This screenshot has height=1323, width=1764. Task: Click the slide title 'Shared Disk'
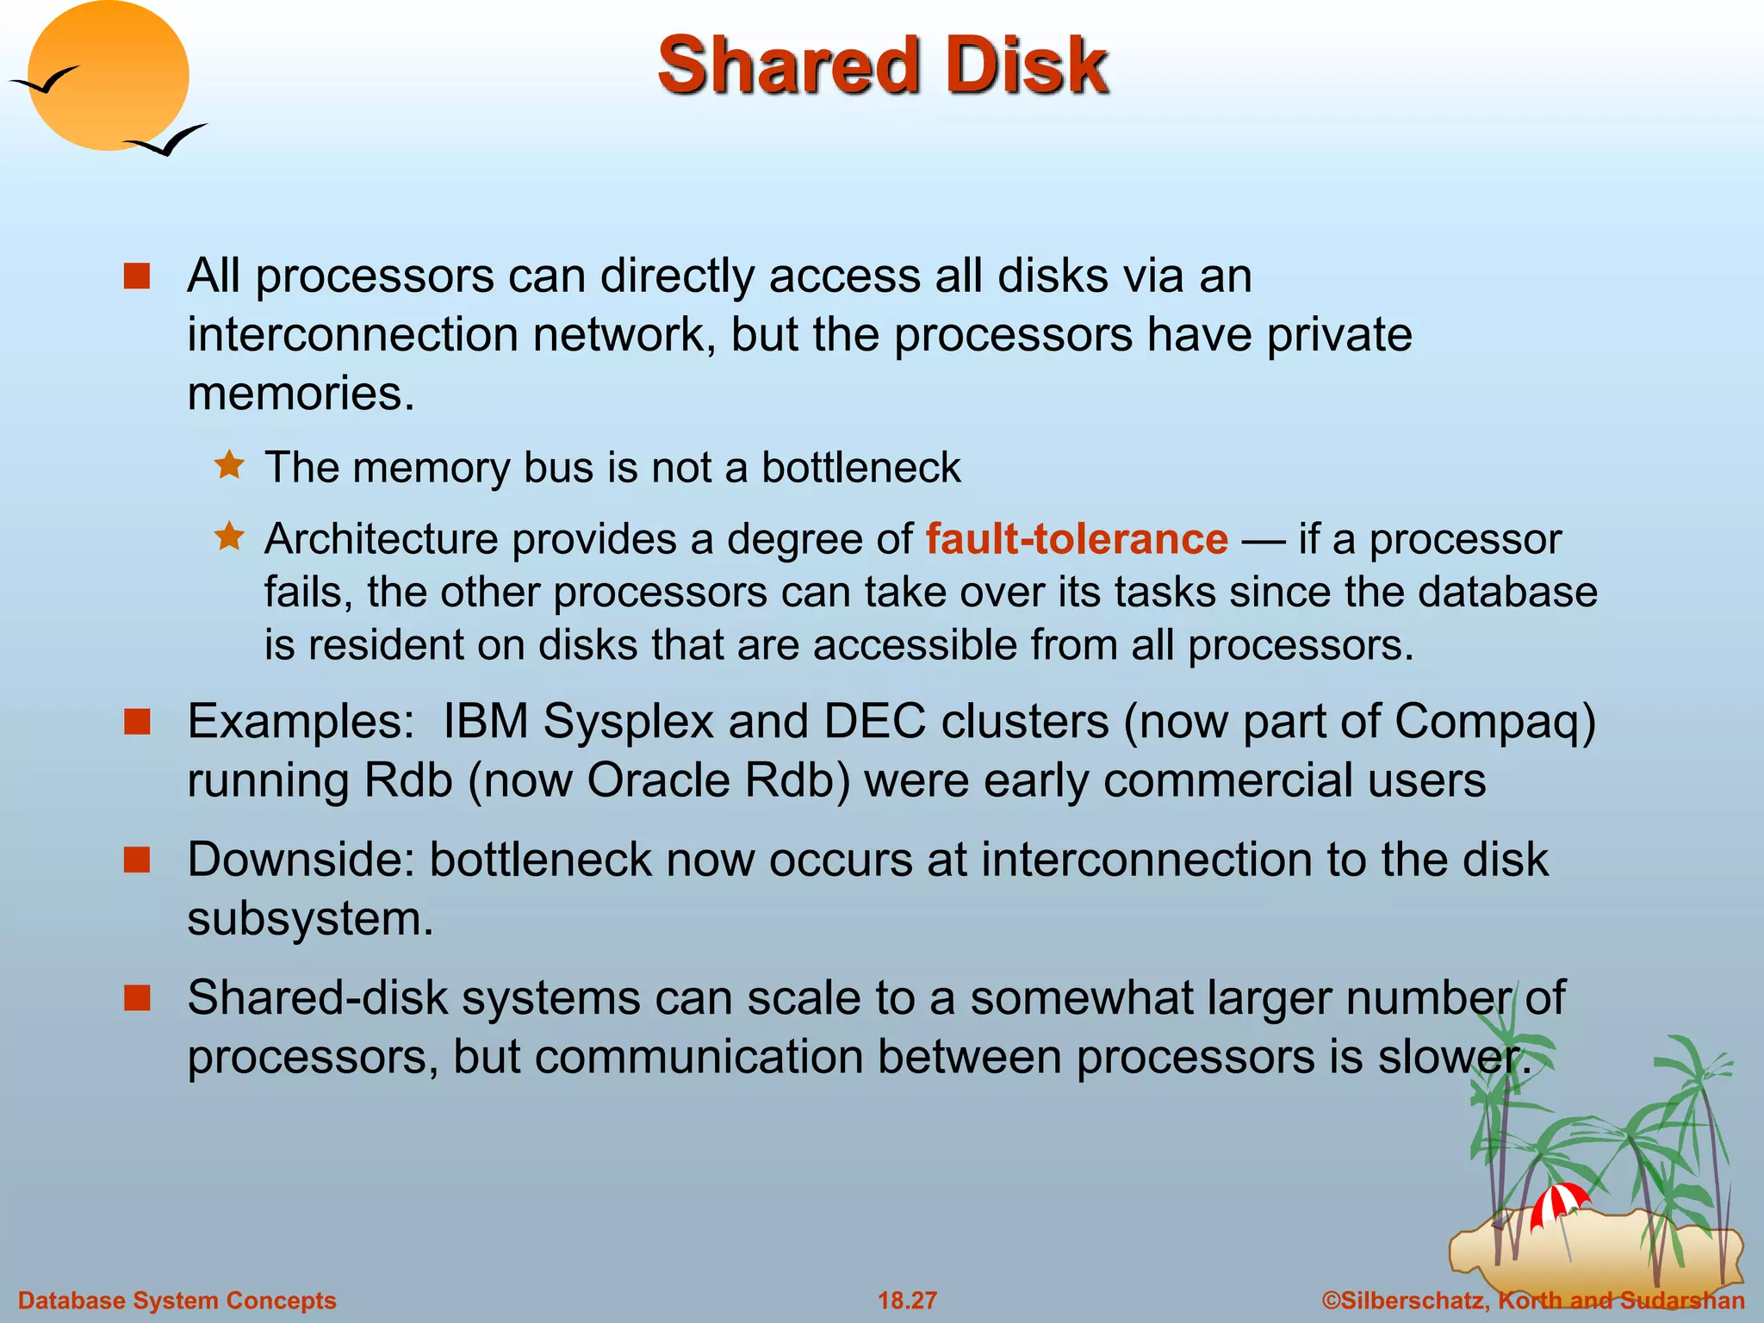tap(882, 65)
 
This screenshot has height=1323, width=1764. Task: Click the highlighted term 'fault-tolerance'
tap(1077, 539)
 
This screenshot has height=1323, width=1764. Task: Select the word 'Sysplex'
tap(629, 721)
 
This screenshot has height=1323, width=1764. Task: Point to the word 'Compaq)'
tap(1495, 721)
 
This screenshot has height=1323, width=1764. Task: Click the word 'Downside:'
tap(301, 860)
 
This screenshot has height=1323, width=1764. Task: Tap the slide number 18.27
tap(907, 1300)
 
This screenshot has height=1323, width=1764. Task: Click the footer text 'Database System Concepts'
tap(177, 1300)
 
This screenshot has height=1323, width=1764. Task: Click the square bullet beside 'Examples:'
tap(137, 721)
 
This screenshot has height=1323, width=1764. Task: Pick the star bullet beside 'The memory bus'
tap(230, 466)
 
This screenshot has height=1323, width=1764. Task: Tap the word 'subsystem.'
tap(310, 918)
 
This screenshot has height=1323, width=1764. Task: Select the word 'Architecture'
tap(381, 539)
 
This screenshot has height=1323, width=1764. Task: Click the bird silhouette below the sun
tap(167, 140)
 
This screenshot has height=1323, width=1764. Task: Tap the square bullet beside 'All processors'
tap(137, 276)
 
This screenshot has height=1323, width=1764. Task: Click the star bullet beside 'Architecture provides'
tap(230, 537)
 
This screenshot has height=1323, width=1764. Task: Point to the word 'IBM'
tap(485, 721)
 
